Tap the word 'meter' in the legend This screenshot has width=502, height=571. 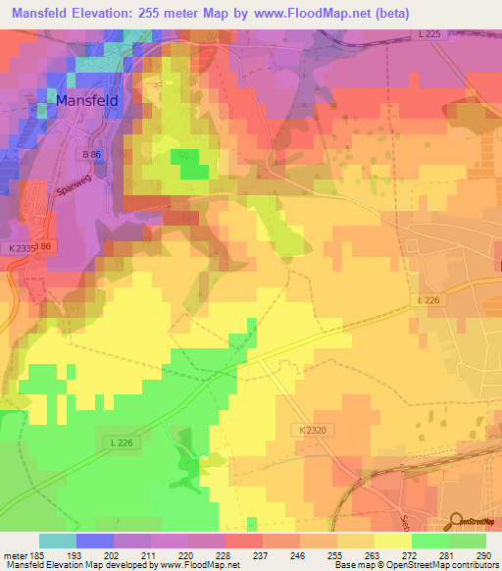tap(15, 555)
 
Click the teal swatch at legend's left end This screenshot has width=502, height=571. tap(58, 541)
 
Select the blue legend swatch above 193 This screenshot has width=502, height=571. tap(95, 541)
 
